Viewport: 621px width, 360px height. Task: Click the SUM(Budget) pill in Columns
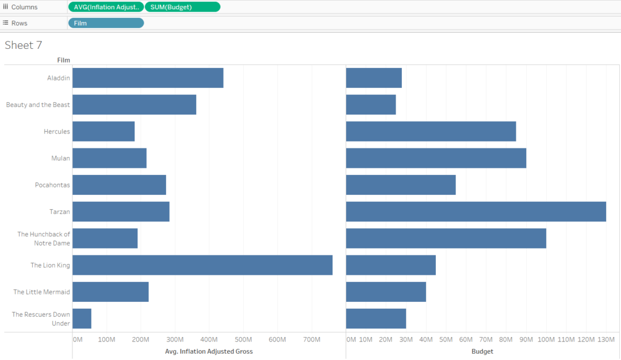[182, 7]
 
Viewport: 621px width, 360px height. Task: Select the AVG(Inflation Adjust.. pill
[106, 7]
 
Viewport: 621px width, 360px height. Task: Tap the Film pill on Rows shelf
[106, 23]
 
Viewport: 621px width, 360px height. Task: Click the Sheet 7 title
[24, 45]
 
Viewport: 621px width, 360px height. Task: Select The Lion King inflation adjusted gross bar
[202, 265]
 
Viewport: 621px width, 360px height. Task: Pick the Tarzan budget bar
[476, 212]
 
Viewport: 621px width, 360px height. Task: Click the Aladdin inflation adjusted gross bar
[148, 78]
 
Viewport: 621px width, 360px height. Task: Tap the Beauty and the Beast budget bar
[371, 105]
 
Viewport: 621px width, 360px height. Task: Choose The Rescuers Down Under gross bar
[82, 319]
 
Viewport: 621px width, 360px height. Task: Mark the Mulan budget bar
[436, 158]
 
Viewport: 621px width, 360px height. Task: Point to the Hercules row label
[57, 132]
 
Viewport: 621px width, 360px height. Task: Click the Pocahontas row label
[52, 185]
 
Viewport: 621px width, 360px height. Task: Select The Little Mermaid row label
[41, 292]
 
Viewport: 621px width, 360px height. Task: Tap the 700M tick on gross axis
[311, 339]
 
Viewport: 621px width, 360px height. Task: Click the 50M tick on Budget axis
[446, 339]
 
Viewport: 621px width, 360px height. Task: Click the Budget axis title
[482, 351]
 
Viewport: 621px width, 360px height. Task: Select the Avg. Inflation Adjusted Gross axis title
[209, 351]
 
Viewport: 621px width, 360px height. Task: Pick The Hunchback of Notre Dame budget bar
[446, 238]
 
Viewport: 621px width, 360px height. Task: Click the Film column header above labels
[63, 60]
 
